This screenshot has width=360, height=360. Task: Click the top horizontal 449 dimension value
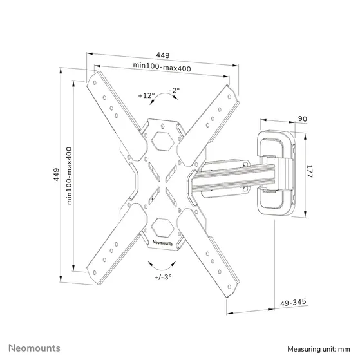click(162, 55)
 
